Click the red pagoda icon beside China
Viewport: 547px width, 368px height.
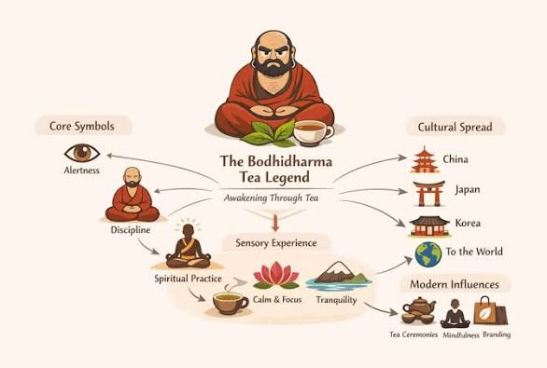pos(425,159)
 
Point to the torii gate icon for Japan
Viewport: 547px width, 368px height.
pos(428,192)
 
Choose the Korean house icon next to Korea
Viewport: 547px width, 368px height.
pos(428,224)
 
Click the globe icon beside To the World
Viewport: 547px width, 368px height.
pos(428,253)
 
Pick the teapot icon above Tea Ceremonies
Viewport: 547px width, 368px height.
pos(417,310)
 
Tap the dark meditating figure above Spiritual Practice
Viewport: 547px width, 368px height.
pos(189,247)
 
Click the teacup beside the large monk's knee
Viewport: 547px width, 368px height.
pos(315,132)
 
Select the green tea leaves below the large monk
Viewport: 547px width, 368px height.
pos(273,134)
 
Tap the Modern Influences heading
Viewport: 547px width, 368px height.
pos(455,284)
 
